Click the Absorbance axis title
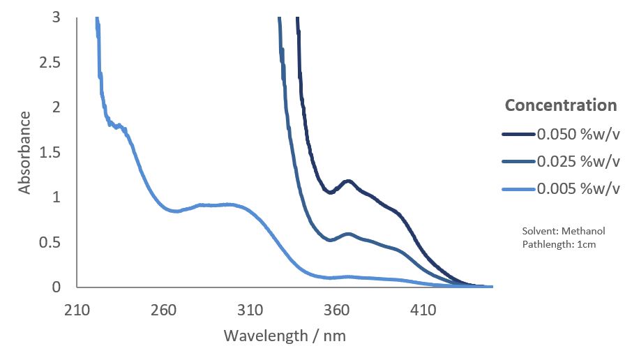pos(25,152)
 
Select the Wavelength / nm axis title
pos(285,336)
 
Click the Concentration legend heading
pos(561,105)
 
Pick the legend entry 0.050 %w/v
pos(578,135)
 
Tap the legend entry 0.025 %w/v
pos(578,161)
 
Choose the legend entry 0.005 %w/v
pos(578,188)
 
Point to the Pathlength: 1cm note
pos(558,244)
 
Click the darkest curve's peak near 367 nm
pos(347,181)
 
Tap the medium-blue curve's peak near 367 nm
pos(347,234)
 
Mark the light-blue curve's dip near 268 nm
pos(176,211)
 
